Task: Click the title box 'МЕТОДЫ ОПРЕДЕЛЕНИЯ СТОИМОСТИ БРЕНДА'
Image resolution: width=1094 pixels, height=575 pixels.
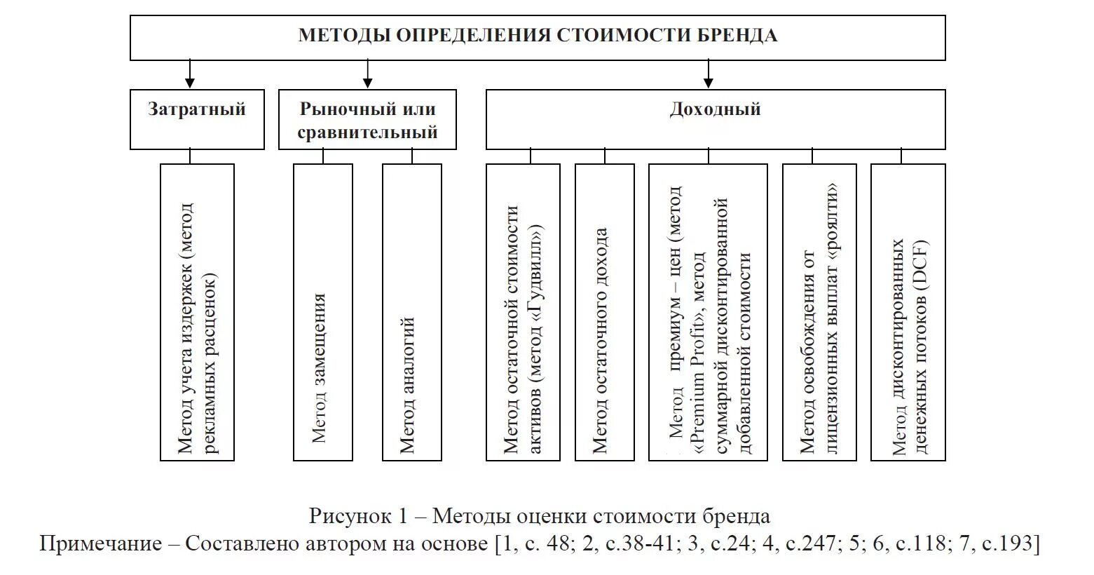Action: [538, 36]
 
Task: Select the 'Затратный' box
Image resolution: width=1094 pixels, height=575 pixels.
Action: [197, 119]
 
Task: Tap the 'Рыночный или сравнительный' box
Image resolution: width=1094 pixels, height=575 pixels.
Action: [367, 119]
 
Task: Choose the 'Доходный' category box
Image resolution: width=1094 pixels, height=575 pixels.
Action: [715, 119]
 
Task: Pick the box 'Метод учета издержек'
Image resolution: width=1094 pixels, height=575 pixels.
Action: [197, 312]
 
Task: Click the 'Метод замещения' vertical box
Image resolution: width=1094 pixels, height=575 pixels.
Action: [322, 312]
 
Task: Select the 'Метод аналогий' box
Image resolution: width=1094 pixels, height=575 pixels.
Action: [411, 312]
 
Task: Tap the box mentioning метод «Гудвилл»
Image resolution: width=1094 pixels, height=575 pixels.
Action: [523, 312]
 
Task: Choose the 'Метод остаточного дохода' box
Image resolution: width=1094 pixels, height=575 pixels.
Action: [604, 312]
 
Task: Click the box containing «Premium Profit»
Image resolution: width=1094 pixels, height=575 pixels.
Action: [708, 312]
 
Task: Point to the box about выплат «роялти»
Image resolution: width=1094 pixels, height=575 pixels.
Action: [819, 312]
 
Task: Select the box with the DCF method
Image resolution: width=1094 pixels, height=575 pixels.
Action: [908, 312]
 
